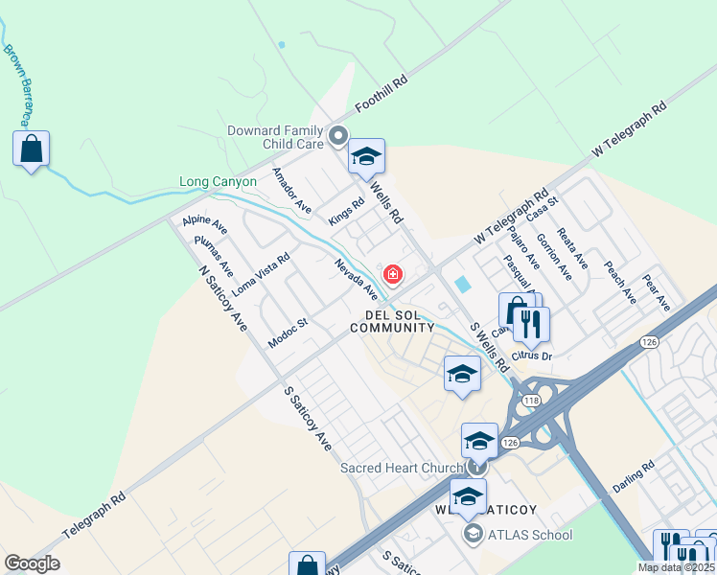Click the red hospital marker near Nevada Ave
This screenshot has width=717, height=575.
pyautogui.click(x=392, y=275)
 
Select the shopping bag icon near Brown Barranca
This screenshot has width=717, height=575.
pyautogui.click(x=32, y=149)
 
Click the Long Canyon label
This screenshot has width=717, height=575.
pyautogui.click(x=218, y=181)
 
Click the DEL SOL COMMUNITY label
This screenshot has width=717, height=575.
pyautogui.click(x=392, y=321)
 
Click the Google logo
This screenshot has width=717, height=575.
pyautogui.click(x=32, y=563)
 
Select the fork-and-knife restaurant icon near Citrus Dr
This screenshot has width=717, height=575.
pyautogui.click(x=532, y=324)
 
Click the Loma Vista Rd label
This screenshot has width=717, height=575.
pyautogui.click(x=261, y=272)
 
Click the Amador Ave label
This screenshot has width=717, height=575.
pyautogui.click(x=291, y=191)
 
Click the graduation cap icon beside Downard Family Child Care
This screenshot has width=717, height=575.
pyautogui.click(x=365, y=157)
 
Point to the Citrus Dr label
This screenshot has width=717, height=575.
pyautogui.click(x=533, y=356)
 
